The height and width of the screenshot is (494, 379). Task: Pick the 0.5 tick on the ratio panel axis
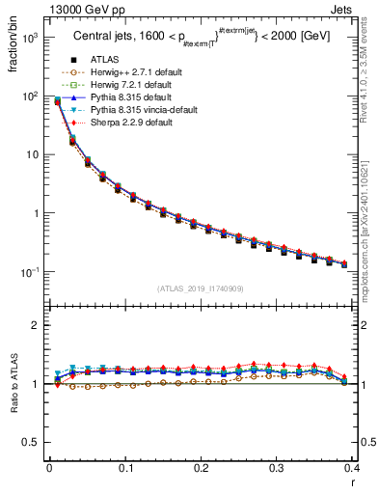point(32,442)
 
